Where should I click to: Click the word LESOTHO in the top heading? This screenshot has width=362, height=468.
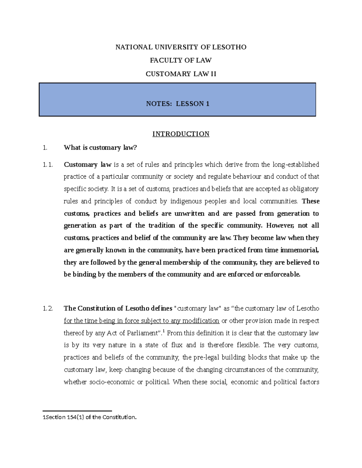coord(230,47)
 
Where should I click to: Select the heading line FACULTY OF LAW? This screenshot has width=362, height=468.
coord(181,60)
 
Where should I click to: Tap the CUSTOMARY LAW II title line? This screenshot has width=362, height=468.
coord(181,74)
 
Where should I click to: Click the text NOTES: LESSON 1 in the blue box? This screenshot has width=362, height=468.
coord(178,104)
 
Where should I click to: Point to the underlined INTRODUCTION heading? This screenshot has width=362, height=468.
coord(181,134)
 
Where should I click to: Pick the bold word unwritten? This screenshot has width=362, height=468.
coord(189,214)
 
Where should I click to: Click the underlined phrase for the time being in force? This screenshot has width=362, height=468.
coord(101,321)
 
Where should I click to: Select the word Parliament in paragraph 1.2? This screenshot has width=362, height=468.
coord(143,333)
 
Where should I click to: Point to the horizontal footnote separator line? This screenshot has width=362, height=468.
coord(77,411)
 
